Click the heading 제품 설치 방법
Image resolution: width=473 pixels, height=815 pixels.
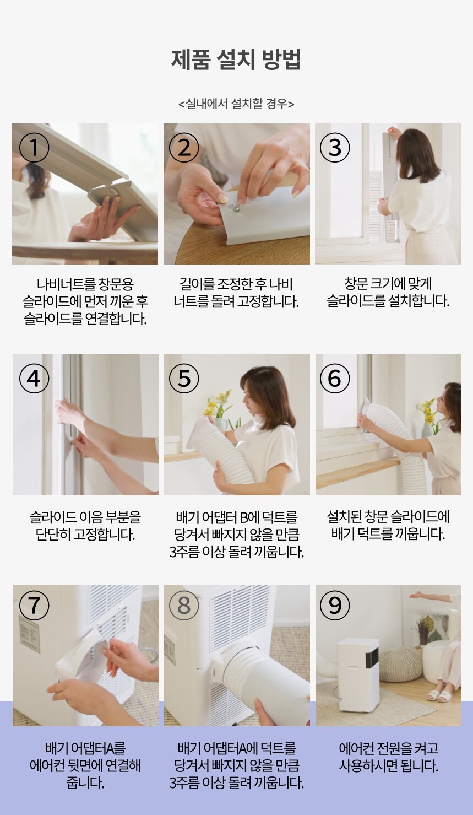(x=236, y=60)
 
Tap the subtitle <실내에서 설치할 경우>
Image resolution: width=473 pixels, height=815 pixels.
(x=236, y=104)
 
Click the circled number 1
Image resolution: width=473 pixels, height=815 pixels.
(x=34, y=148)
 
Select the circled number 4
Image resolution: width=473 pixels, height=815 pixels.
(x=34, y=379)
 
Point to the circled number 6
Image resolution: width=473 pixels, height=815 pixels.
(x=334, y=379)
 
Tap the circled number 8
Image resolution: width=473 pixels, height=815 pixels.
(x=184, y=606)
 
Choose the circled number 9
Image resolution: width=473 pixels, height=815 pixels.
(x=334, y=606)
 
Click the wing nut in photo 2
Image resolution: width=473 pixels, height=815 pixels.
(x=232, y=208)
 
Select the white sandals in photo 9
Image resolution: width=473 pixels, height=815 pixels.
(x=440, y=694)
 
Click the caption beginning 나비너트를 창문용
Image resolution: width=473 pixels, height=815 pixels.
(x=85, y=301)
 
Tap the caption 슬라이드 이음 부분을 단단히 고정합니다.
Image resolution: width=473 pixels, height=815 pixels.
(x=85, y=525)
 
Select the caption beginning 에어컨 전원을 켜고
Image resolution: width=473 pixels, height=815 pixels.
(x=388, y=757)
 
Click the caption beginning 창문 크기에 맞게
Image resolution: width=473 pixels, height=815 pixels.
(x=388, y=293)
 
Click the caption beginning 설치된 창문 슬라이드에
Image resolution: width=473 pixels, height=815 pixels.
(x=388, y=525)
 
